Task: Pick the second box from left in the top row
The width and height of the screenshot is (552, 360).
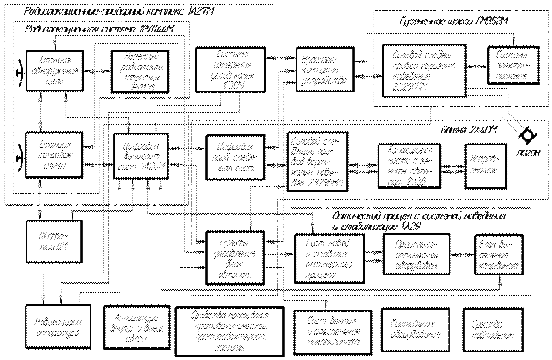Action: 140,65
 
